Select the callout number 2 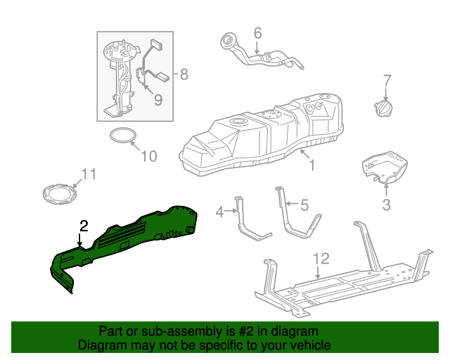(x=84, y=226)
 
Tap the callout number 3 (x=386, y=205)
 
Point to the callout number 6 (x=257, y=33)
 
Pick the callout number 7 (x=386, y=79)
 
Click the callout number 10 (x=149, y=156)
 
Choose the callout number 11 (x=87, y=174)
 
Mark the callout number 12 (x=321, y=258)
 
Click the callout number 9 (x=157, y=100)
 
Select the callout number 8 (x=184, y=73)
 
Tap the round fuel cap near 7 (x=385, y=110)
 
